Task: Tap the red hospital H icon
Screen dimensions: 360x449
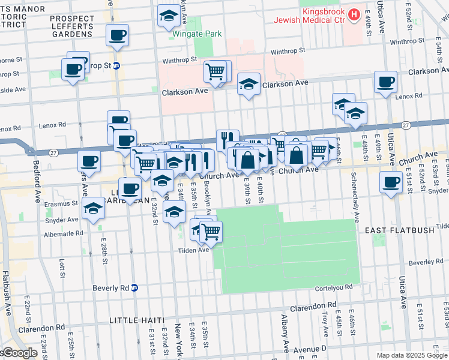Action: pyautogui.click(x=354, y=13)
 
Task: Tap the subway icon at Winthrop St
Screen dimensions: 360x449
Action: pyautogui.click(x=116, y=65)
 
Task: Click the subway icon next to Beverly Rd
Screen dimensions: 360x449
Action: pyautogui.click(x=134, y=287)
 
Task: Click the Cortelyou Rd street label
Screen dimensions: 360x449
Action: pyautogui.click(x=333, y=289)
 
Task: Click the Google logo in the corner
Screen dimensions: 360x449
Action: pyautogui.click(x=19, y=353)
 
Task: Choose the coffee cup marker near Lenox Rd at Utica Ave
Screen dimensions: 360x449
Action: pyautogui.click(x=385, y=82)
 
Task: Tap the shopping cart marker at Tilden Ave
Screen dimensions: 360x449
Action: pyautogui.click(x=211, y=232)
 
